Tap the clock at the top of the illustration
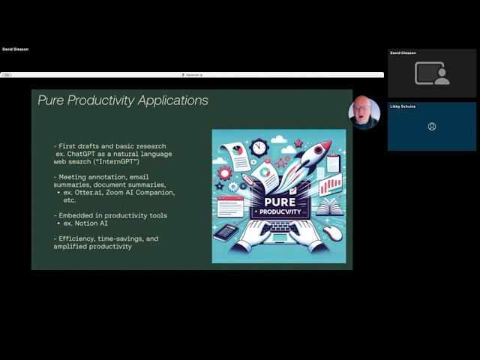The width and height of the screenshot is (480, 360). (259, 145)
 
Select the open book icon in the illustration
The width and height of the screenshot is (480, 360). (330, 207)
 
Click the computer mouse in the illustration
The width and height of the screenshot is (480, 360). (333, 233)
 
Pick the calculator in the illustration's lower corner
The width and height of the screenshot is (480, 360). (225, 232)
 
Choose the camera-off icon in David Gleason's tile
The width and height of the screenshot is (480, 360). (432, 73)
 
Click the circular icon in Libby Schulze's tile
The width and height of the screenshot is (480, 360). (432, 127)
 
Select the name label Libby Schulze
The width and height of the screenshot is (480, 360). (402, 106)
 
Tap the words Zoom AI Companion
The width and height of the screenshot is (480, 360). (142, 192)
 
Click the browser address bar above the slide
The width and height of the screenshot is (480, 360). (192, 75)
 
